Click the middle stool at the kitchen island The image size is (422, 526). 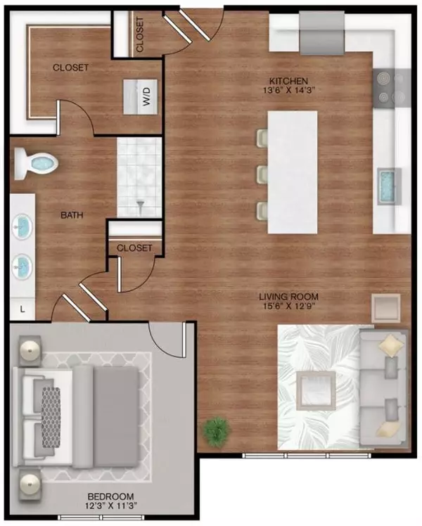click(x=262, y=173)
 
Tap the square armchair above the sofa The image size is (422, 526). click(x=386, y=307)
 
